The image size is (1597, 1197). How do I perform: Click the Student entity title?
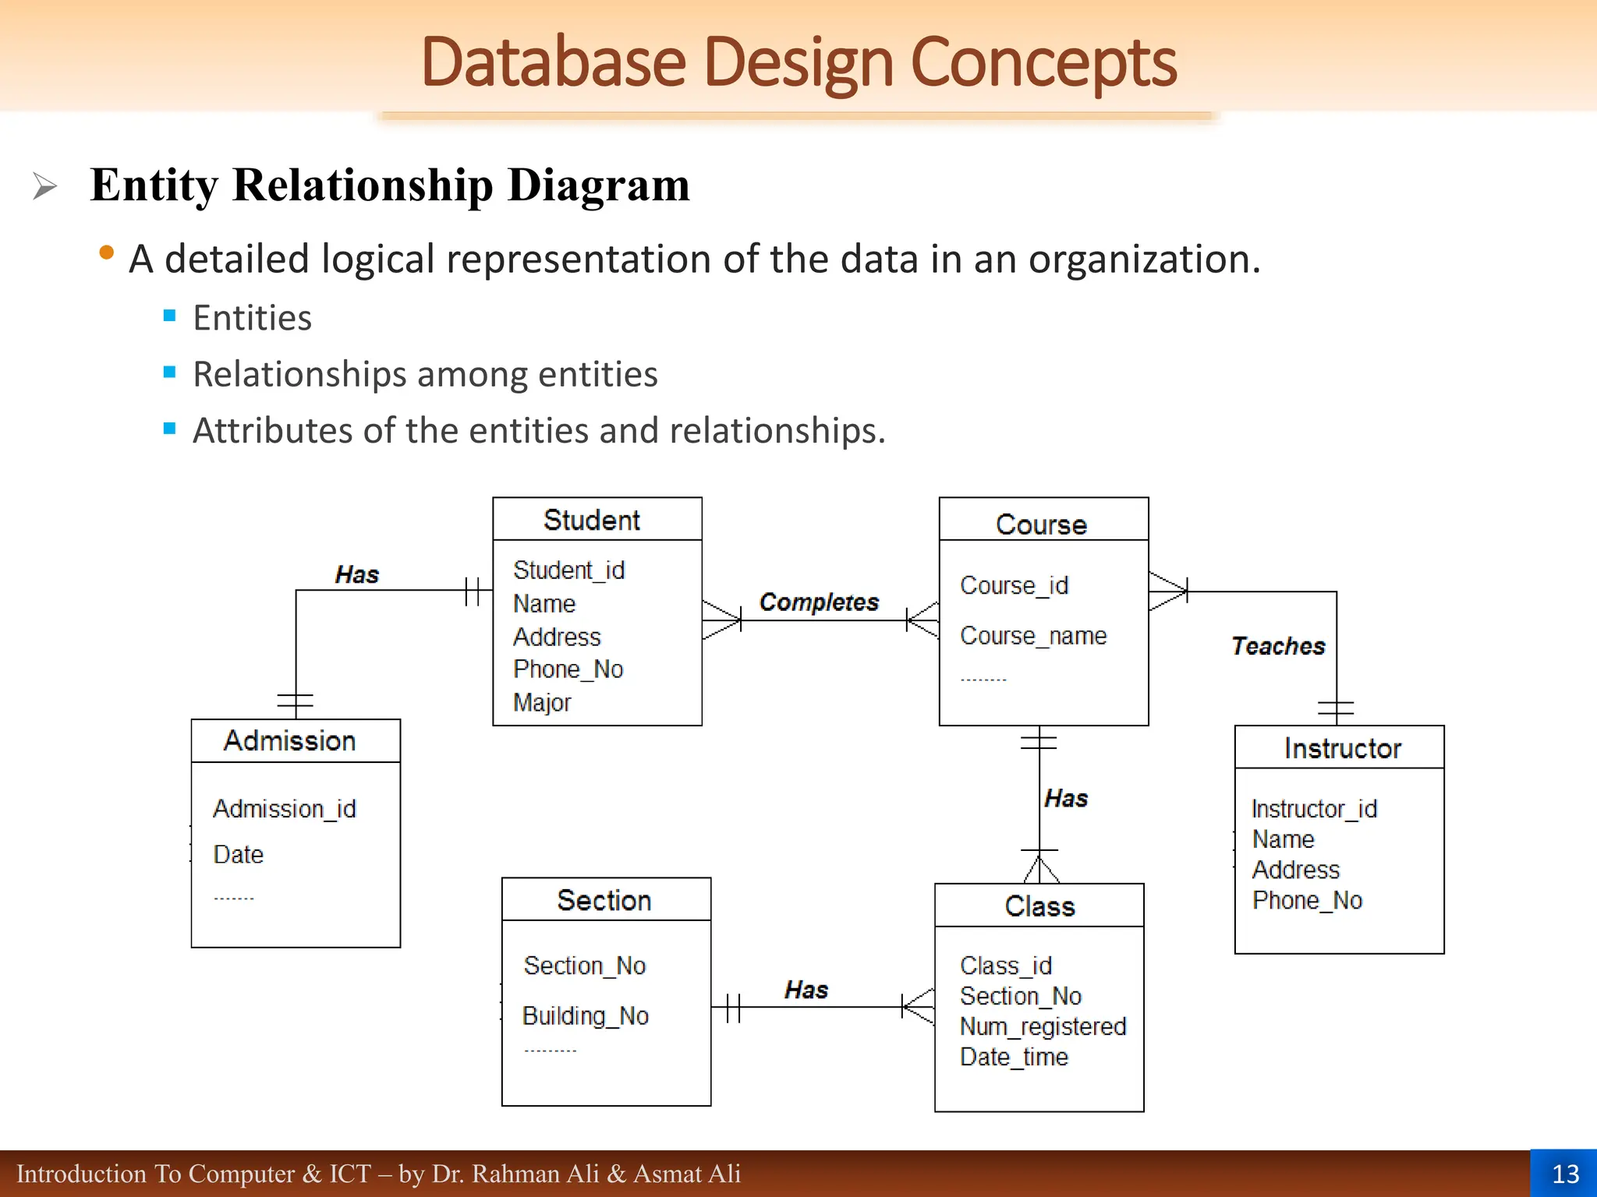591,520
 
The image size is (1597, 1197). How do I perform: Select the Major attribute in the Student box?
542,702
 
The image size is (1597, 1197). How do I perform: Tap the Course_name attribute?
1033,636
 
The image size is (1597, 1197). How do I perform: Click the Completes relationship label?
819,602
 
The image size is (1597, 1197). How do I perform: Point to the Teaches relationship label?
1278,646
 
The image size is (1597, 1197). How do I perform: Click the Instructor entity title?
1342,748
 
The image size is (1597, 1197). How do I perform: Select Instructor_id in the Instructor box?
1314,809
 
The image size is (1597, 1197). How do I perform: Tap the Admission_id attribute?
285,809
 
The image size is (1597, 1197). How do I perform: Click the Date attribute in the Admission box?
239,854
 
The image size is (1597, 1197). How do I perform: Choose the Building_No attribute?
586,1015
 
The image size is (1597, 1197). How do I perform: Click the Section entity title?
604,900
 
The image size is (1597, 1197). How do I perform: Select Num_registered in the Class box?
1043,1026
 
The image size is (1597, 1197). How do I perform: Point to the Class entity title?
1039,906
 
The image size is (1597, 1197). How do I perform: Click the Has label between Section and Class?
806,990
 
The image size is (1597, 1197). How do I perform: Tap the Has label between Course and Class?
1066,798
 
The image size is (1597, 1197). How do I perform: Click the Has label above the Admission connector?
356,575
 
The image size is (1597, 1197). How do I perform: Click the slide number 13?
1565,1174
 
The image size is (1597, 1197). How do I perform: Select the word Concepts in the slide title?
1043,62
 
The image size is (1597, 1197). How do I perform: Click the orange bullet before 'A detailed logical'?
107,252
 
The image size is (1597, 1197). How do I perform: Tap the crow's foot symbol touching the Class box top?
1040,869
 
